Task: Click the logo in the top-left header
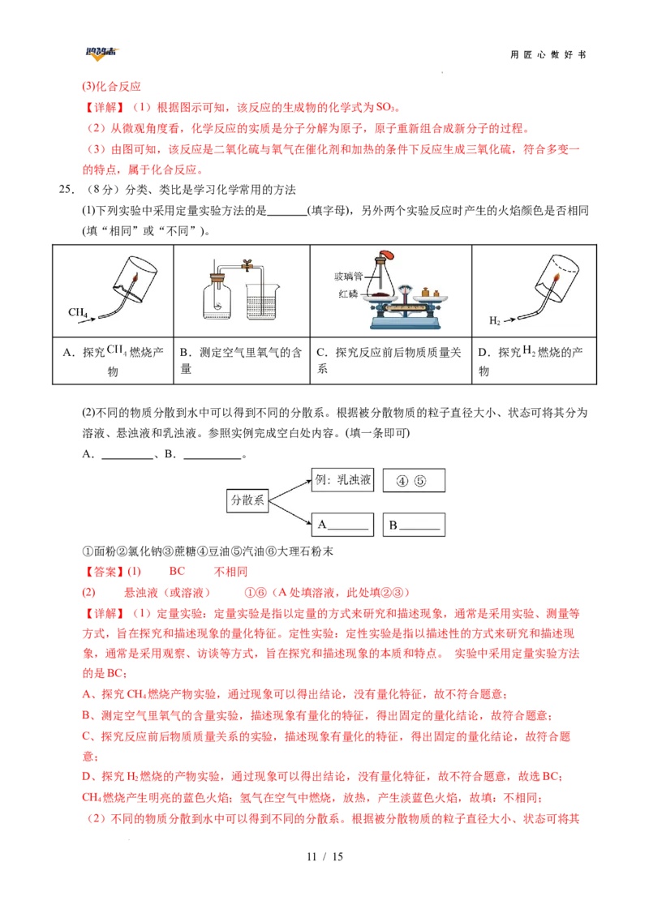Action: tap(101, 54)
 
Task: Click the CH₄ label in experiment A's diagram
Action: tap(77, 313)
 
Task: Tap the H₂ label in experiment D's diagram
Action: tap(494, 321)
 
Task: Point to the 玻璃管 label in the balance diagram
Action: tap(348, 276)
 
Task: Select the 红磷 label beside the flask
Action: tap(348, 294)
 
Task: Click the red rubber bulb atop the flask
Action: tap(387, 255)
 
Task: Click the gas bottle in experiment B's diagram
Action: tap(217, 297)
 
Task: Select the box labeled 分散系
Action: tap(247, 500)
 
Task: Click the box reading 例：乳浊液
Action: tap(342, 480)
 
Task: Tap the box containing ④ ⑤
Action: tap(414, 481)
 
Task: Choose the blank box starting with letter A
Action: tap(342, 525)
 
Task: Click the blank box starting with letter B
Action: tap(414, 525)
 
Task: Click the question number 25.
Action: tap(67, 189)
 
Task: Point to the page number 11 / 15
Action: tap(324, 856)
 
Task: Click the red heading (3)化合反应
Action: tap(111, 87)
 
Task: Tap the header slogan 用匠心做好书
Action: tap(548, 54)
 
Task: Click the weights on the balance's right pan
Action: tap(431, 292)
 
